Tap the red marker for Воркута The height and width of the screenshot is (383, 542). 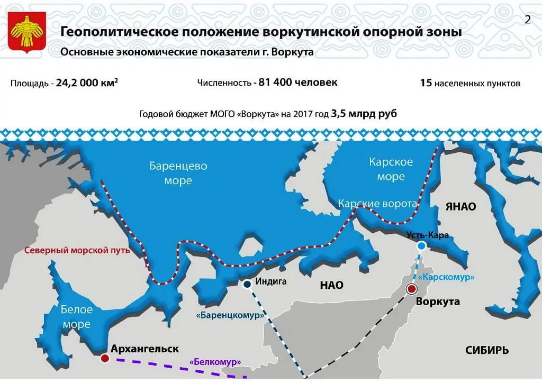click(x=411, y=289)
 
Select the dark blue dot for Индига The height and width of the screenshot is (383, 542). click(x=247, y=284)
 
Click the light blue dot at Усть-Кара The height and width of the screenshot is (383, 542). click(x=421, y=246)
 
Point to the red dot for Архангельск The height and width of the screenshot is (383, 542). click(x=105, y=359)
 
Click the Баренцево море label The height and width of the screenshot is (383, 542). click(x=178, y=173)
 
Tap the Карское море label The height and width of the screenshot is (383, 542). click(x=391, y=169)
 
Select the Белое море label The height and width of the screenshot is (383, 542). click(x=76, y=317)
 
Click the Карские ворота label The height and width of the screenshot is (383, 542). click(x=377, y=204)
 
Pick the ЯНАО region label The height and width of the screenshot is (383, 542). click(x=460, y=206)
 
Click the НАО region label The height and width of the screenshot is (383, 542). click(x=331, y=285)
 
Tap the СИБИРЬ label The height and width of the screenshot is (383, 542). click(x=487, y=350)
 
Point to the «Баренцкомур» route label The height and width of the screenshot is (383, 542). click(x=230, y=315)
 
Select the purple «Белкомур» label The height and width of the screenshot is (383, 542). click(x=215, y=362)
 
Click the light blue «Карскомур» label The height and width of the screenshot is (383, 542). click(x=446, y=277)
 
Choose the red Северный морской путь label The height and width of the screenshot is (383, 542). click(x=77, y=250)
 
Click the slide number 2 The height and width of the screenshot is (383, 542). click(x=528, y=20)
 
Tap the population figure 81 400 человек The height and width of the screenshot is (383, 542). click(x=297, y=83)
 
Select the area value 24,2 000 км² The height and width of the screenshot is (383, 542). click(x=87, y=83)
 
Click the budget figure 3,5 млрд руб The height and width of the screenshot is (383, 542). click(x=364, y=113)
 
